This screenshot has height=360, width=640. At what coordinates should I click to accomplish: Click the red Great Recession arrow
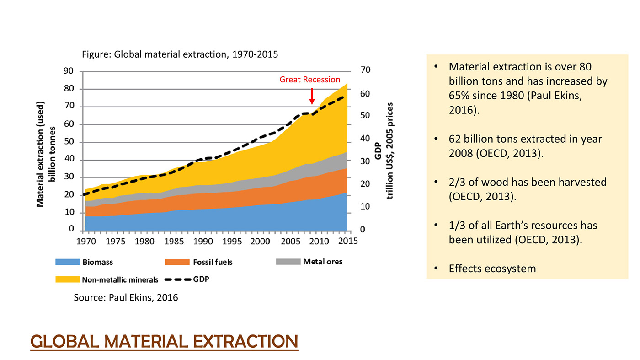coord(312,96)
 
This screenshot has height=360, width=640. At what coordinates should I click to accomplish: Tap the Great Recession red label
coord(310,79)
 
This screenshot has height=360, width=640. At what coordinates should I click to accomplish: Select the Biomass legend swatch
coord(67,262)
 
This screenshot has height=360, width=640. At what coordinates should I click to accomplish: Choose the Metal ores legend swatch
coord(288,262)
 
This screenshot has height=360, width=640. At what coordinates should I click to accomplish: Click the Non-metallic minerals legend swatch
coord(67,279)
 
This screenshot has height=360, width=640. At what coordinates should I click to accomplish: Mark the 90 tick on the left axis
coord(68,71)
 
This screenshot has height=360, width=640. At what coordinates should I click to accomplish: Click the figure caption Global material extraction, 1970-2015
coord(180,54)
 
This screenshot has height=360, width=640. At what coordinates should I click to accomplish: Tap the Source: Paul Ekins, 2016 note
coord(126,298)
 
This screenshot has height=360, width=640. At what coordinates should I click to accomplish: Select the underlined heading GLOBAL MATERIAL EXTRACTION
coord(164,342)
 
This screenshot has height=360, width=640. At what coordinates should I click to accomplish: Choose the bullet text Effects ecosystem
coord(492,268)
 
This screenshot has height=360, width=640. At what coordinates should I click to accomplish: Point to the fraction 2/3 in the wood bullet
coord(458,182)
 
